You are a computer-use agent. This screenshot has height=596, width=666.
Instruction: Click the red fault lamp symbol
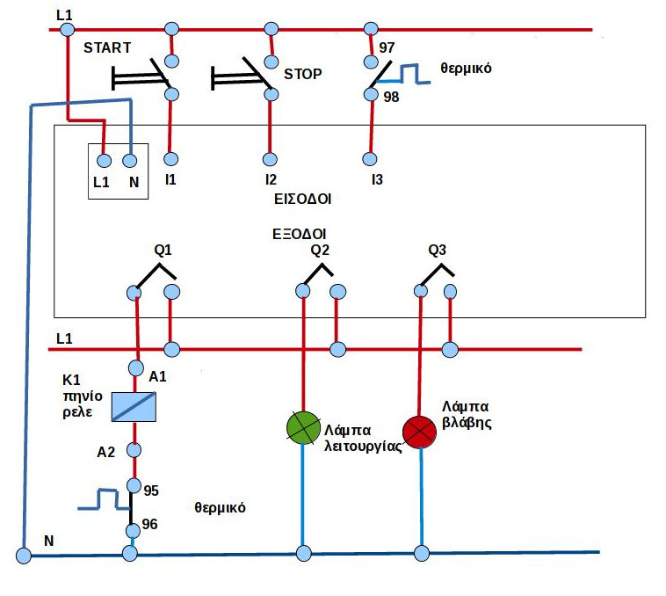[420, 431]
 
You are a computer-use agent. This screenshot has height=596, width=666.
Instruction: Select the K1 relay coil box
[134, 406]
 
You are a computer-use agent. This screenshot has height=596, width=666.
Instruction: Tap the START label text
[107, 47]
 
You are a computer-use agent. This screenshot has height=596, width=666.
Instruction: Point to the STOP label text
[303, 75]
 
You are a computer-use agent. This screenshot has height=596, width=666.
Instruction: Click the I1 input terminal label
[170, 179]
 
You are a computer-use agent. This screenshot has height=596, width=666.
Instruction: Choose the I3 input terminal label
[377, 180]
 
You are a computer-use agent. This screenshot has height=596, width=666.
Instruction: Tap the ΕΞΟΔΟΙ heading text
[300, 235]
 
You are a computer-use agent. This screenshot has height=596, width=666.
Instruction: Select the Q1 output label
[163, 250]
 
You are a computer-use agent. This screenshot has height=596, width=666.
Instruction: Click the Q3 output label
[437, 250]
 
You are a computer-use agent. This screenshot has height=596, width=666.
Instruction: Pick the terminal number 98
[391, 97]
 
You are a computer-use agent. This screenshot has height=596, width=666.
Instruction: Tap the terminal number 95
[150, 489]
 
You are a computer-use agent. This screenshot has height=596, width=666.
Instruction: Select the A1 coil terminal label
[158, 376]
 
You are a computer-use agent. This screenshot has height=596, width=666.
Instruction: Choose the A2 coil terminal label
[106, 453]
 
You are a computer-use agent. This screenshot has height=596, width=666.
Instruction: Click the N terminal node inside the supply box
[130, 161]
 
